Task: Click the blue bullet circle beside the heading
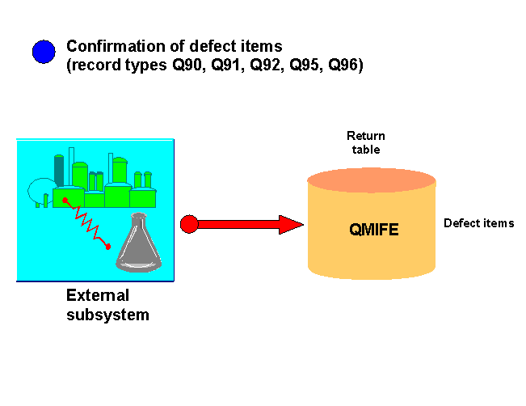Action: (43, 52)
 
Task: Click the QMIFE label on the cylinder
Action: (374, 230)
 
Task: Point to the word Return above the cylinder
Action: (366, 135)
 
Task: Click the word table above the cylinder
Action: (366, 149)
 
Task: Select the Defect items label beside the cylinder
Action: (478, 222)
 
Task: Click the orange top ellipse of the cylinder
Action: (372, 180)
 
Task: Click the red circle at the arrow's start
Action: (189, 224)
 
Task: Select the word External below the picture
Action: (97, 295)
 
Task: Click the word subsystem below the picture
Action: (107, 315)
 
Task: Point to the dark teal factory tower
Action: (59, 169)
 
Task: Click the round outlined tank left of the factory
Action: (40, 191)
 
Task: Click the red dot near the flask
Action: (109, 246)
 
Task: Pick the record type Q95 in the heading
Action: (300, 65)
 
